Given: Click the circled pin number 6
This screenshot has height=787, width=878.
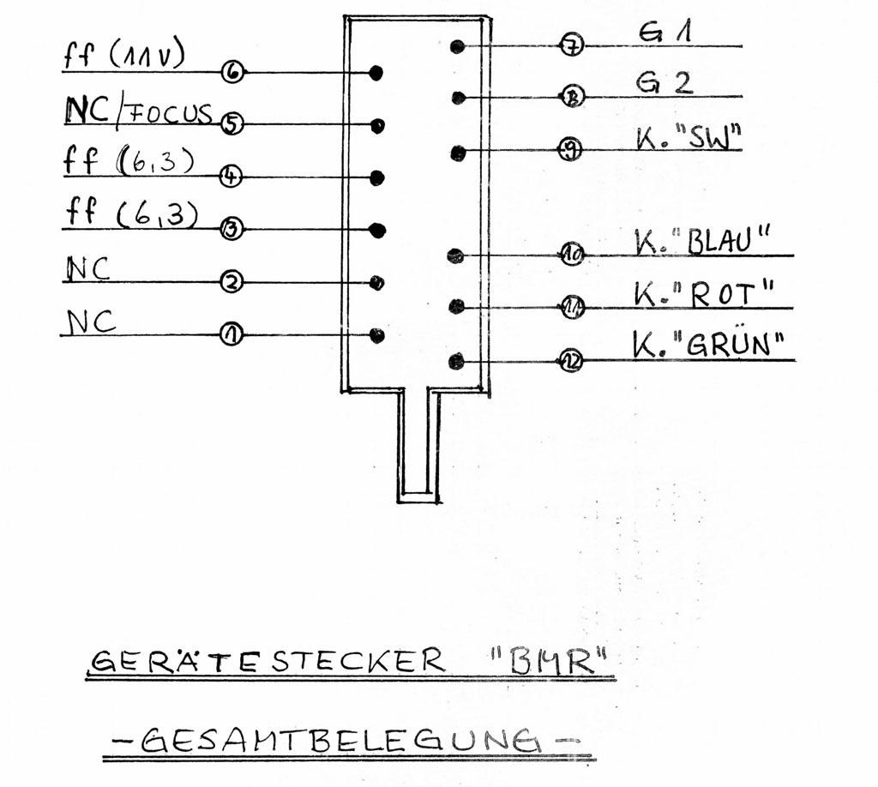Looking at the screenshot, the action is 232,72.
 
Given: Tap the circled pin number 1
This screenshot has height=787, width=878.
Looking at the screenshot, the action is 231,334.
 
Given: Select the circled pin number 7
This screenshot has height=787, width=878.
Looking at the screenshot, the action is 572,45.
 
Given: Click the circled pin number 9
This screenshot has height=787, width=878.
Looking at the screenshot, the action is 570,149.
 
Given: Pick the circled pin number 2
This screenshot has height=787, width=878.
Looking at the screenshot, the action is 232,281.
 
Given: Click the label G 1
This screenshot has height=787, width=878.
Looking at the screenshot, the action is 665,32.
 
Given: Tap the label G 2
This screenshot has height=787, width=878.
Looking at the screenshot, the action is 665,83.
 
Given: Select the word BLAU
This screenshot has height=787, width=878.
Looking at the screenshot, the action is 719,241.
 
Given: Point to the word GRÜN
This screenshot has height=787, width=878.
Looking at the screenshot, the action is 727,345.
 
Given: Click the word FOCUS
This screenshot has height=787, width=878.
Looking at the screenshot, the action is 171,112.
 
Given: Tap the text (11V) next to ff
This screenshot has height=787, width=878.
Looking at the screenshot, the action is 147,56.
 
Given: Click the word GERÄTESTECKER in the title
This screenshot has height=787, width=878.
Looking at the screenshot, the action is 268,660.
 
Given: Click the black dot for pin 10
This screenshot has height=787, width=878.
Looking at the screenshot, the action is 456,255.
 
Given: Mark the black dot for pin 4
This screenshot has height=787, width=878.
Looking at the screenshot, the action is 377,177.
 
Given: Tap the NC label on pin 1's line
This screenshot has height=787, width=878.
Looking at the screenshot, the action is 91,321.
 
